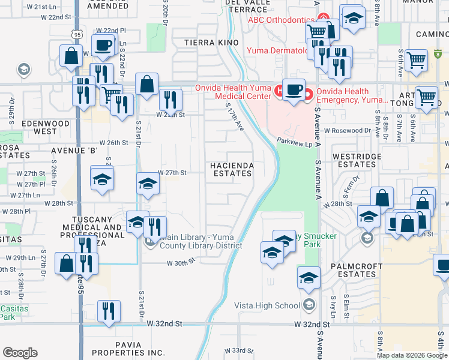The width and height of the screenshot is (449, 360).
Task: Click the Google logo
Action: (20, 353)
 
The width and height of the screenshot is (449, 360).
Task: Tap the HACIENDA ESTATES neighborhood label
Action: (232, 169)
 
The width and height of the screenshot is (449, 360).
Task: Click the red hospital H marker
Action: (279, 91)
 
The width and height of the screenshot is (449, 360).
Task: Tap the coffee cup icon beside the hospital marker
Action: (293, 90)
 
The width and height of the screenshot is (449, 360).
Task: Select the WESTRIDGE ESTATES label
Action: (354, 160)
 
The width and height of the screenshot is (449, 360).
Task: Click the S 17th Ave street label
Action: (234, 118)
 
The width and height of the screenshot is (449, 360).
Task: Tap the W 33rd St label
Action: (236, 350)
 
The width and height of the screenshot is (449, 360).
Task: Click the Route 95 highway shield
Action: (76, 34)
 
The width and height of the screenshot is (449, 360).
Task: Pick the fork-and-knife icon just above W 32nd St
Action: (109, 311)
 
